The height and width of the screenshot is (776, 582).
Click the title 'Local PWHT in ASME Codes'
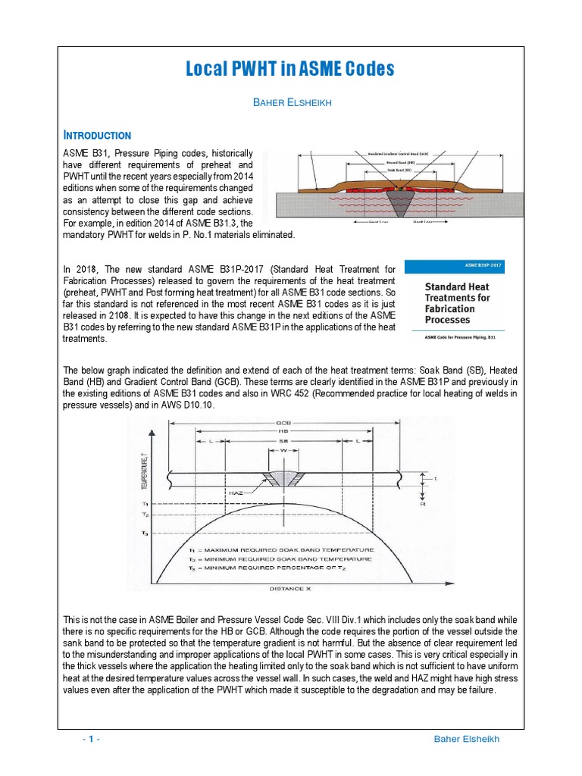coord(291,70)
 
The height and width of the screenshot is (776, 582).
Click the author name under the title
coord(291,102)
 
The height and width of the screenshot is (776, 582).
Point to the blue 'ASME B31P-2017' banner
coord(455,267)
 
